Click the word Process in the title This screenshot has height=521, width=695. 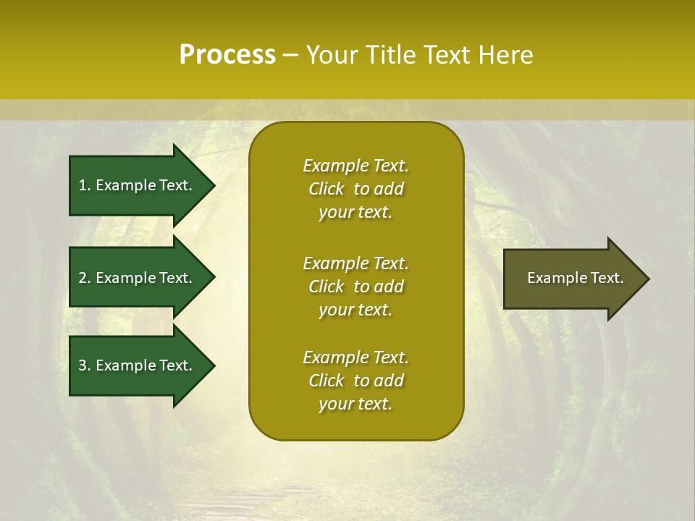[227, 55]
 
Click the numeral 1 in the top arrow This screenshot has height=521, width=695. [83, 185]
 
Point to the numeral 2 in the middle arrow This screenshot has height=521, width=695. [83, 278]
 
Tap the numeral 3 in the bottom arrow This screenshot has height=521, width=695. [83, 365]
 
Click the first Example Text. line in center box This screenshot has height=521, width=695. [355, 166]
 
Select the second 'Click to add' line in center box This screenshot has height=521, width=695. [355, 287]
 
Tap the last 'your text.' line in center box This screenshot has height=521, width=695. [355, 404]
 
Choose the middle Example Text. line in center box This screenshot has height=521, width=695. [355, 263]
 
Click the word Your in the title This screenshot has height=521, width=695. [332, 55]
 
